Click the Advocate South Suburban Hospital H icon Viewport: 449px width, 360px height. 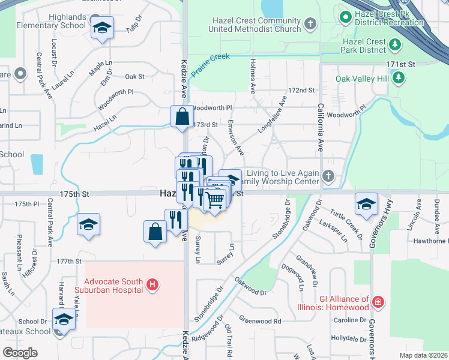pyautogui.click(x=152, y=284)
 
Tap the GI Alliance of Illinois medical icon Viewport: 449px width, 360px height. pyautogui.click(x=378, y=301)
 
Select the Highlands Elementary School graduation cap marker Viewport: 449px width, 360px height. pyautogui.click(x=102, y=28)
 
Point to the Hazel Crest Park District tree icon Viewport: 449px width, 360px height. pyautogui.click(x=395, y=44)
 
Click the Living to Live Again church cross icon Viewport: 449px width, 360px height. pyautogui.click(x=328, y=176)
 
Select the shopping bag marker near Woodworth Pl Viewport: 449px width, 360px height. pyautogui.click(x=182, y=116)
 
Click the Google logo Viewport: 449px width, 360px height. pyautogui.click(x=20, y=352)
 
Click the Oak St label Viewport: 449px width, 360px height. pyautogui.click(x=135, y=76)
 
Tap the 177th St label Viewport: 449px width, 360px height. pyautogui.click(x=70, y=261)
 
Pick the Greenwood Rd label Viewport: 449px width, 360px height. pyautogui.click(x=260, y=321)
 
